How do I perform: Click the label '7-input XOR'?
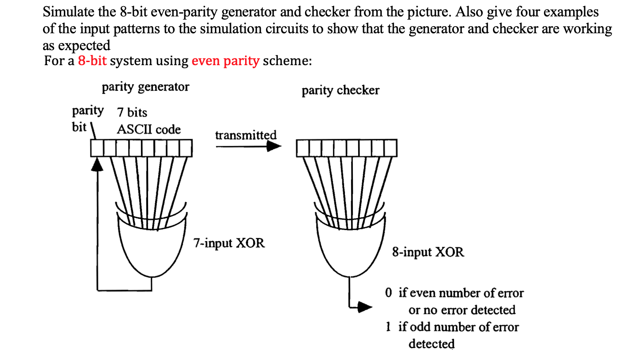tap(229, 243)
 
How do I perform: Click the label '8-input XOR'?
tap(428, 253)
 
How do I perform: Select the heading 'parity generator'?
tap(145, 87)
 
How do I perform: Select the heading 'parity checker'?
tap(340, 90)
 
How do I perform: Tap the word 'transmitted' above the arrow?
tap(246, 135)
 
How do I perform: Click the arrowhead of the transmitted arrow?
tap(274, 148)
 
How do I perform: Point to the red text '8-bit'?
tap(92, 61)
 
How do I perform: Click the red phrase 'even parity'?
tap(225, 61)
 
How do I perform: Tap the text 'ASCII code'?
tap(149, 129)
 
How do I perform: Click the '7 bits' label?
tap(132, 112)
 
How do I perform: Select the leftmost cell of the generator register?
tap(97, 148)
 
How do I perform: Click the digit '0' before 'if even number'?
tap(389, 293)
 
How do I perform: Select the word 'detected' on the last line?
tap(431, 344)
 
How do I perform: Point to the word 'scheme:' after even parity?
tap(287, 61)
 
